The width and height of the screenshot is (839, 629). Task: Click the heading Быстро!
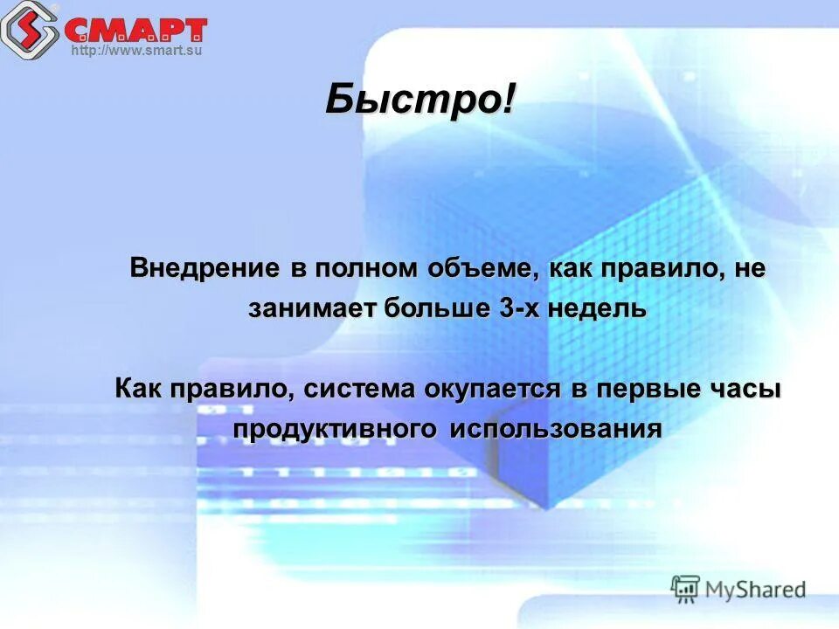(420, 100)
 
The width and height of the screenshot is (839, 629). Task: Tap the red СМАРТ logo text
(135, 30)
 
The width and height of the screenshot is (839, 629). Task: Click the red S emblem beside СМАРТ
(29, 28)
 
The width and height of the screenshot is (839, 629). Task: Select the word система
(360, 389)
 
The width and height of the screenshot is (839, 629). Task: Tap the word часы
(744, 389)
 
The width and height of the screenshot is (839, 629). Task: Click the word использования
(556, 430)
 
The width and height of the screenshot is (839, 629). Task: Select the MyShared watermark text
(755, 589)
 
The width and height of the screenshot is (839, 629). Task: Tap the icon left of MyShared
(685, 589)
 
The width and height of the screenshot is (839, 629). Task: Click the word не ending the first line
(749, 267)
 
